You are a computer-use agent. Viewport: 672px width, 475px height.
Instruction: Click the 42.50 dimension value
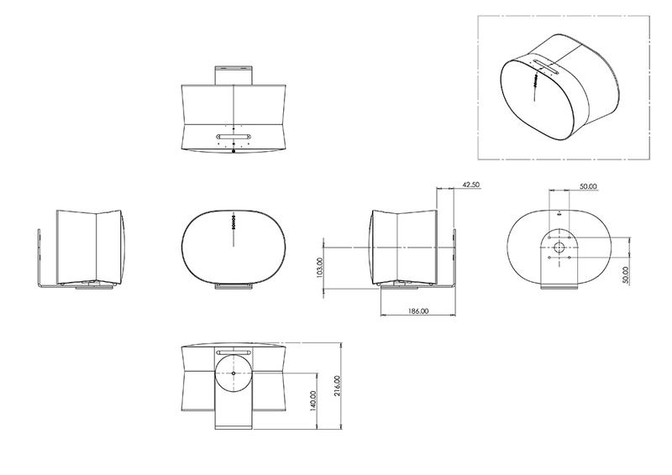471,185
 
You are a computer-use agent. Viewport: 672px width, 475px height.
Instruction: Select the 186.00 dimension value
417,311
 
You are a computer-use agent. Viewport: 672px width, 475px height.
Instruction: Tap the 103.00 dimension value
320,268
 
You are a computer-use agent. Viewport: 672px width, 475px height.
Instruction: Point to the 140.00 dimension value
312,401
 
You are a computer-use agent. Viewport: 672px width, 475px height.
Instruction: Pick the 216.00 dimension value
337,386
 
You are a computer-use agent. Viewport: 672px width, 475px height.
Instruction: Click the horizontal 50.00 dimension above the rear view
589,186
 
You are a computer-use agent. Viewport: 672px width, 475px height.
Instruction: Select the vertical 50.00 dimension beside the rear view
625,275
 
